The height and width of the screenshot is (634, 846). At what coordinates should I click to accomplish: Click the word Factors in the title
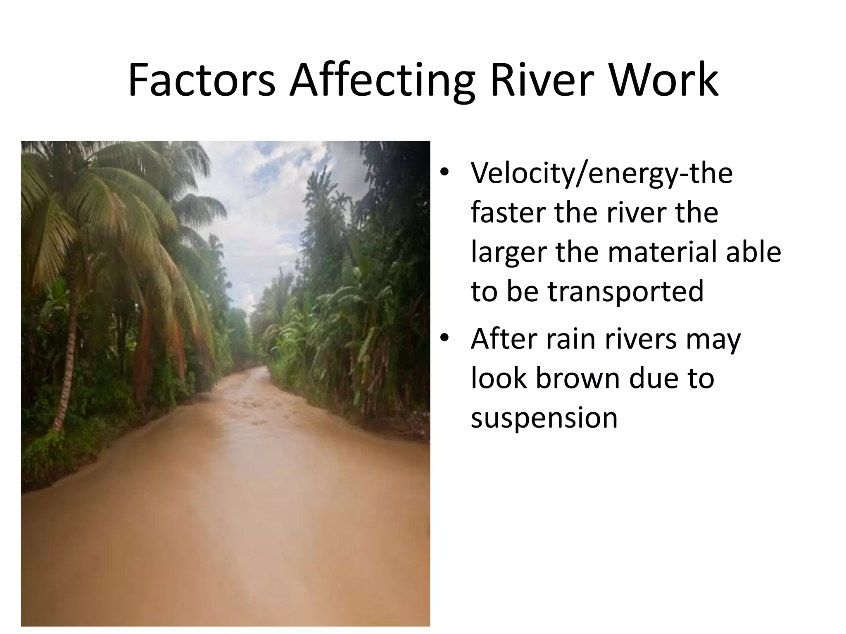click(201, 80)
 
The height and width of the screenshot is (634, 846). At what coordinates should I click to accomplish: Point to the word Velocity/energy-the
click(601, 173)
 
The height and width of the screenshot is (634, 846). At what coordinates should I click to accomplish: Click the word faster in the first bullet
click(509, 213)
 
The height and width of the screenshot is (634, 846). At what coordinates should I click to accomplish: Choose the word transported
click(625, 291)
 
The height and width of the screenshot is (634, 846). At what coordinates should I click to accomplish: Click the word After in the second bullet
click(505, 339)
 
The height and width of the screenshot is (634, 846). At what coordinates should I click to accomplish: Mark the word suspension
click(544, 418)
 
